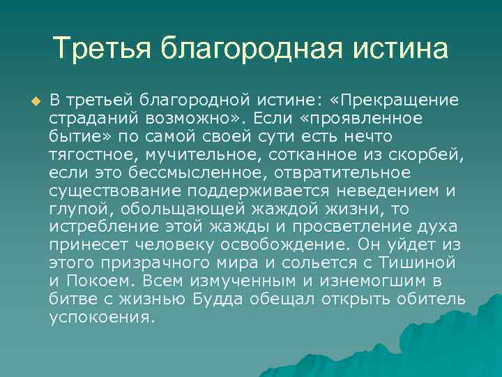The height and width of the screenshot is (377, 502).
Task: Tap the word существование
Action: click(x=114, y=189)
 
